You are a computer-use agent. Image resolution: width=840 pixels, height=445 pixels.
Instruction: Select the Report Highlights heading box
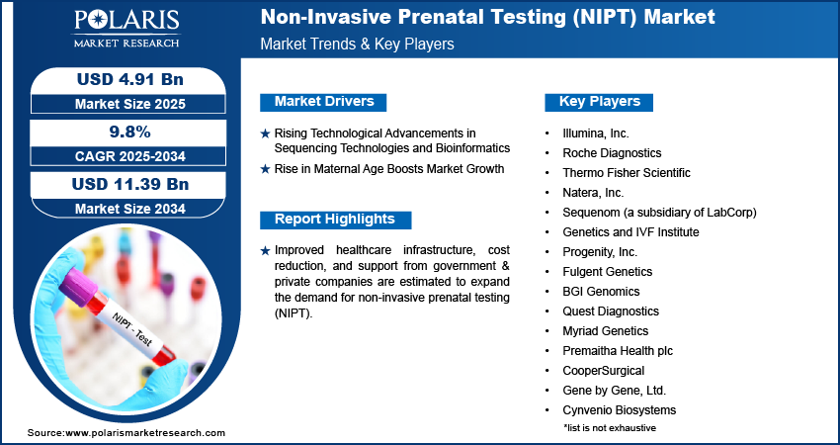point(334,219)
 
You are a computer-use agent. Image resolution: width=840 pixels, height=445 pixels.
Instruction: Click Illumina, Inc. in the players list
point(596,133)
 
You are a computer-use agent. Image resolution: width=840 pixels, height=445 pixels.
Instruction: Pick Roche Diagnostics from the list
point(612,152)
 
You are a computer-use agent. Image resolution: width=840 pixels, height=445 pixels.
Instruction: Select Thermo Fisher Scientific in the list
point(627,172)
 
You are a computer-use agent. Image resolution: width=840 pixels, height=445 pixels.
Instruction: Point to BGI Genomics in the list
point(601,291)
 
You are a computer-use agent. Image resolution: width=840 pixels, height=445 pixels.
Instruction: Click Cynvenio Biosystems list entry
point(620,409)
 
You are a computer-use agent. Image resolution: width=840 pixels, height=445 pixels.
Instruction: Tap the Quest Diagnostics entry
point(610,311)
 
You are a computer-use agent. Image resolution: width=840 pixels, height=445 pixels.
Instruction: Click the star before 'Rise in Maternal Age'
point(265,169)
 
